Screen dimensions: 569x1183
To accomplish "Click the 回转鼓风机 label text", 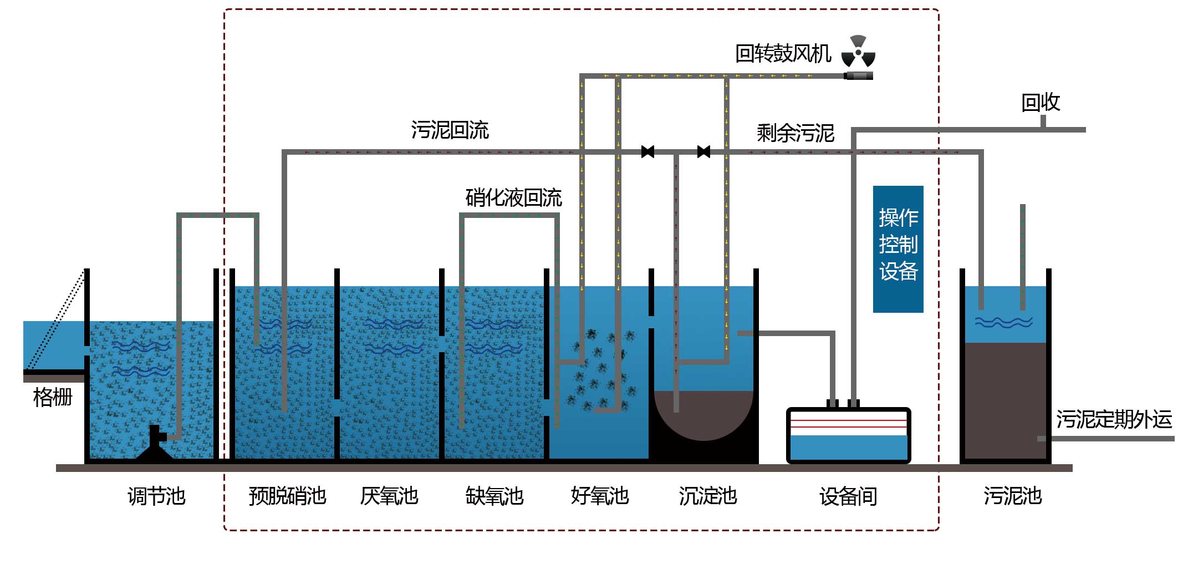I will coord(783,54).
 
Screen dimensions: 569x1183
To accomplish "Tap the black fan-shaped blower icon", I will coord(858,52).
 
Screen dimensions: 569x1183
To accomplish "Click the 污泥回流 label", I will coord(450,130).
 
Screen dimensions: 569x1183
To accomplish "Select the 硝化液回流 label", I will coord(513,197).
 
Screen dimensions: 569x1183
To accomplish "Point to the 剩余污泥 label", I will coord(795,133).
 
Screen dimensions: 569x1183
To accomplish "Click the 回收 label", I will coord(1040,103).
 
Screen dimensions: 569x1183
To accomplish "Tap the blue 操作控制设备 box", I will coord(898,249).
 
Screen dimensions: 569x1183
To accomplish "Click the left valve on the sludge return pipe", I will coord(647,151).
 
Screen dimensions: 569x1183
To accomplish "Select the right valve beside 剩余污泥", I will coord(703,151).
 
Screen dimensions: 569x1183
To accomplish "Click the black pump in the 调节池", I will coord(155,444).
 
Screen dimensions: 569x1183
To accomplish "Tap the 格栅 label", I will coord(53,397).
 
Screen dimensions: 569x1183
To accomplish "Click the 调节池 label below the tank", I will coord(156,496).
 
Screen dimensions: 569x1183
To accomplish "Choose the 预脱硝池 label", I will coord(287,496).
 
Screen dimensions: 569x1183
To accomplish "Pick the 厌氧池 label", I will coord(389,496).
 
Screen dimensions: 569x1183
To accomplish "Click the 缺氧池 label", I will coord(494,496).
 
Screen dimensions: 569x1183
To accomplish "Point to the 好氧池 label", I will coord(600,496).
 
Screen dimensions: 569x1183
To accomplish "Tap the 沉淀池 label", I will coord(708,496).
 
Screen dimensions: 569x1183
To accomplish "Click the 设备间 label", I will coord(848,496).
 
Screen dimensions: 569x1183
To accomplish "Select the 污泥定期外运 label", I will coord(1114,419).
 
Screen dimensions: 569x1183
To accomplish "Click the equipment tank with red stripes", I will coord(848,436).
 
